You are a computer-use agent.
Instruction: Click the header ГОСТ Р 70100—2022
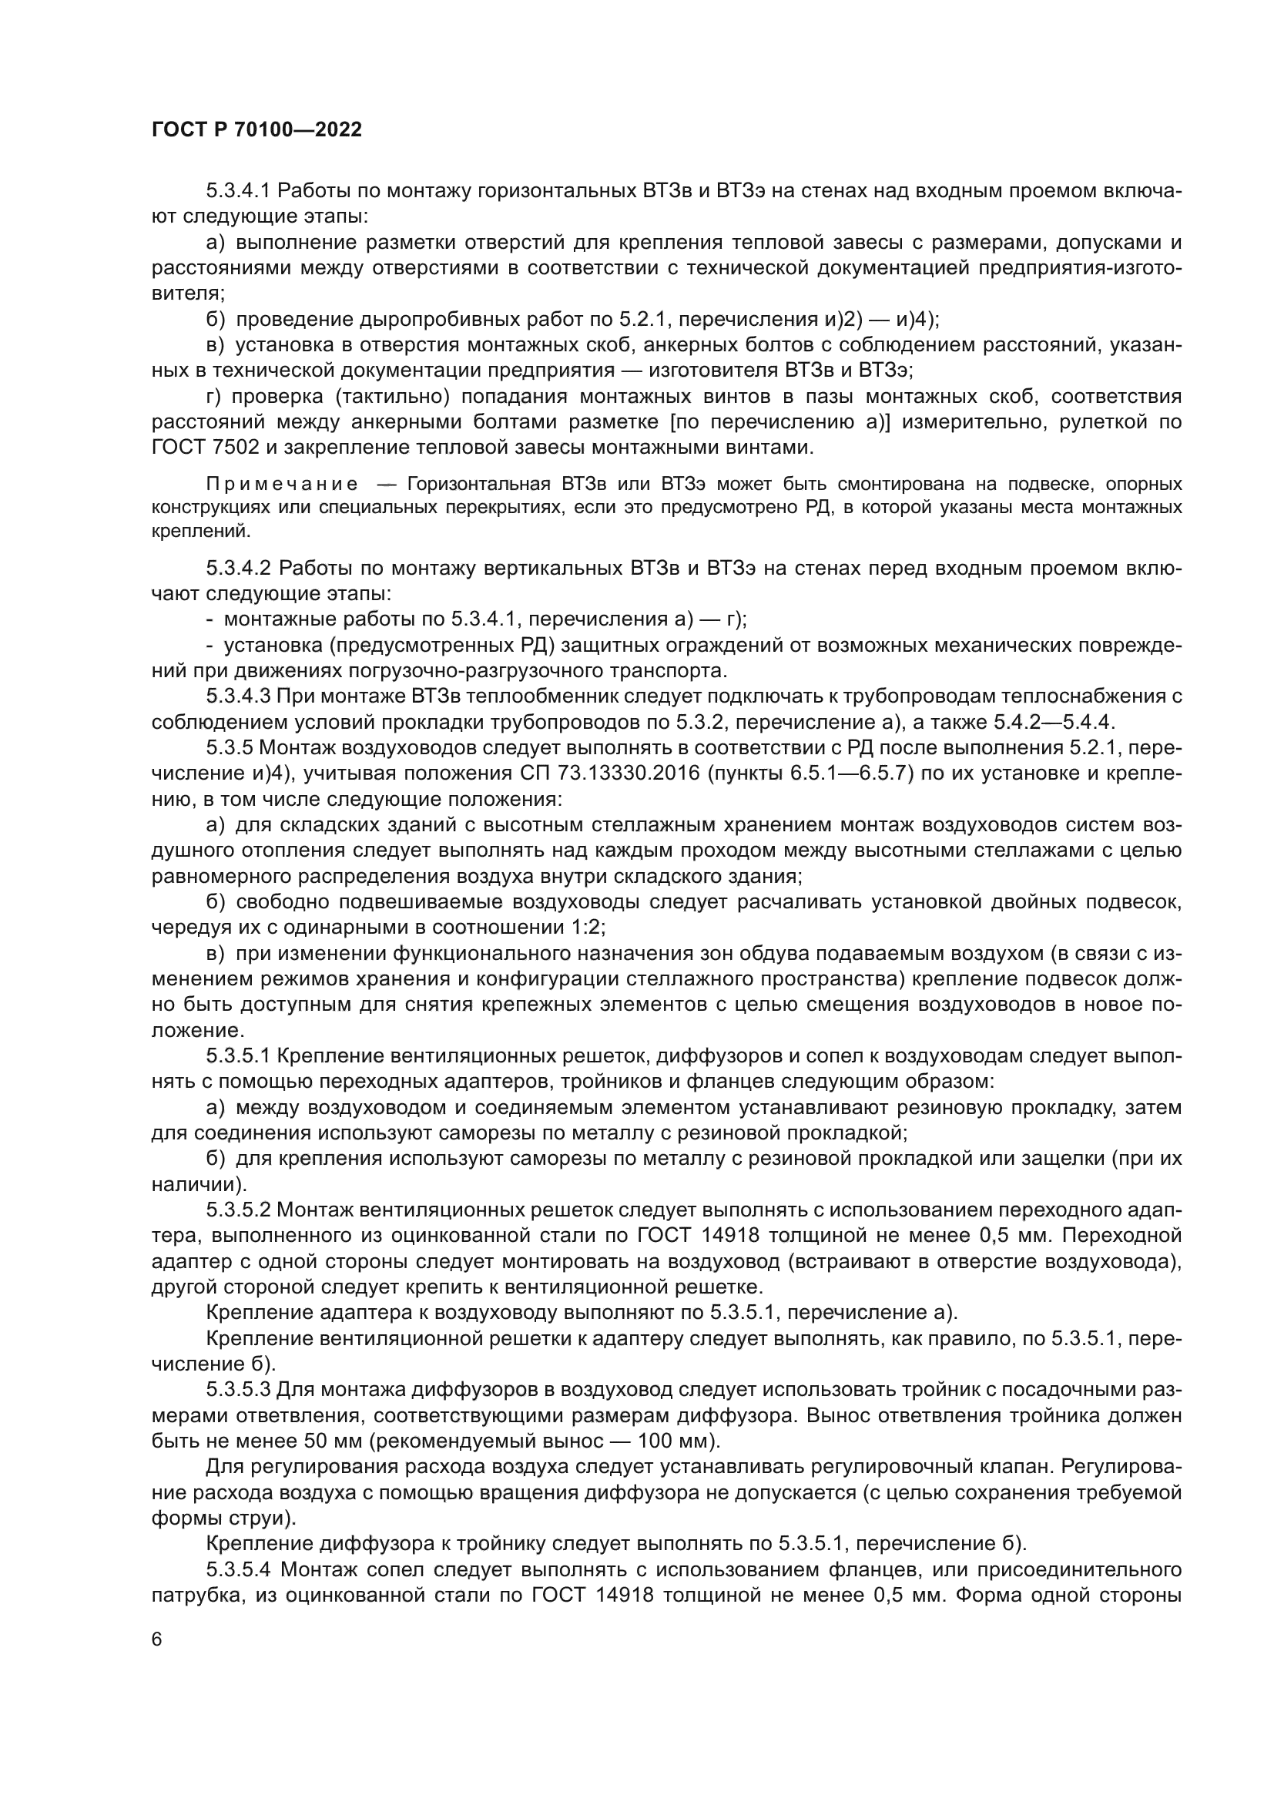pos(256,130)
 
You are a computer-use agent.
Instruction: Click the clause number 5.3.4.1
pos(239,191)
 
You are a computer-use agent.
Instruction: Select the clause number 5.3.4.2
pos(239,568)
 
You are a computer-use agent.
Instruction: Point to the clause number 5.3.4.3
pos(239,696)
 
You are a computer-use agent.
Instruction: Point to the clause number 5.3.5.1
pos(239,1056)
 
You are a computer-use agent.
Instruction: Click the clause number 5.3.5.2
pos(239,1210)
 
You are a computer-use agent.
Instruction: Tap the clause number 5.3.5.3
pos(239,1390)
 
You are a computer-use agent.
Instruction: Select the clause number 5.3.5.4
pos(239,1569)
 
